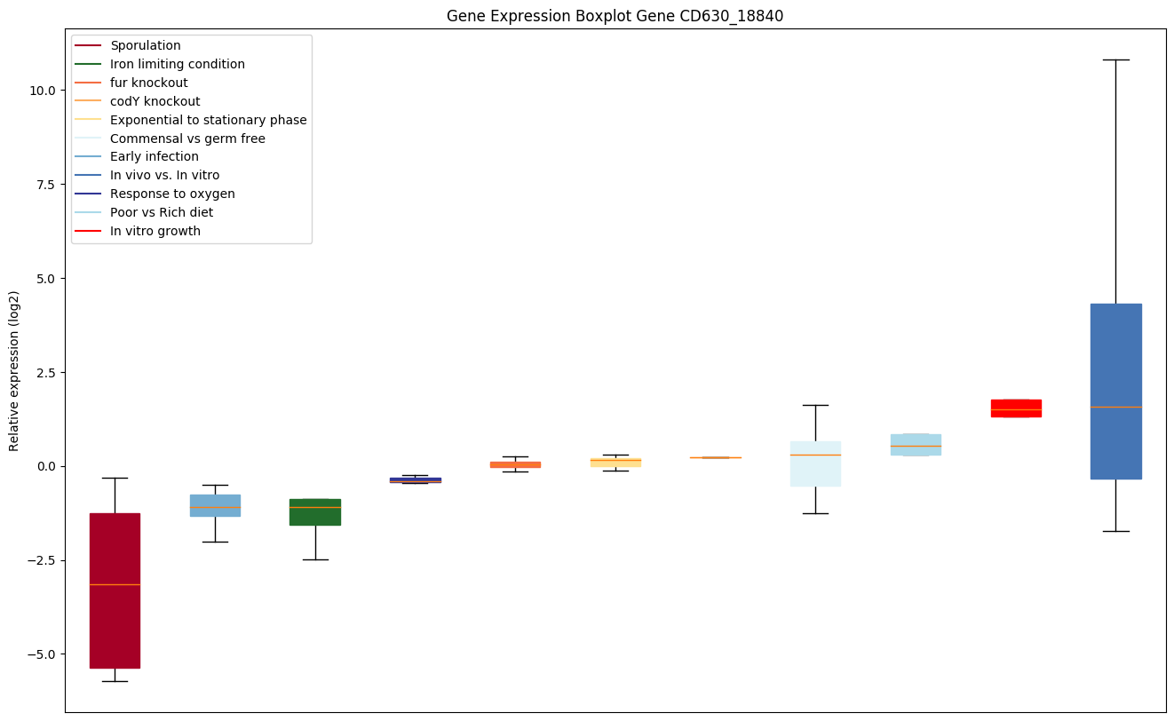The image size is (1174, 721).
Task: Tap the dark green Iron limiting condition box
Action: (x=315, y=512)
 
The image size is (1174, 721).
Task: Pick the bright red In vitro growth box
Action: (x=1016, y=408)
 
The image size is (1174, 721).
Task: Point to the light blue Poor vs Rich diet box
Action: (x=916, y=444)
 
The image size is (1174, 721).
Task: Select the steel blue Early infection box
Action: (x=215, y=505)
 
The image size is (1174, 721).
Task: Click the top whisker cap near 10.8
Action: (x=1115, y=59)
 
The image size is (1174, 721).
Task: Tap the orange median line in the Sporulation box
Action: (x=115, y=584)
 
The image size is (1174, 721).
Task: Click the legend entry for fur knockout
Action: (x=149, y=83)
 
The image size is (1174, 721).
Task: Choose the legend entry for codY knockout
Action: (x=155, y=101)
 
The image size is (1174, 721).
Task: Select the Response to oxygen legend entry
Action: (x=172, y=194)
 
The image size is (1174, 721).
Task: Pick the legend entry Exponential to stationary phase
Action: (x=208, y=120)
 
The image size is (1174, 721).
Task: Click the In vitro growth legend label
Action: (x=155, y=231)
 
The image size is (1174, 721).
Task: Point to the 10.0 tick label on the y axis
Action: (x=44, y=91)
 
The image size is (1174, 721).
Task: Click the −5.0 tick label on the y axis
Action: (x=43, y=654)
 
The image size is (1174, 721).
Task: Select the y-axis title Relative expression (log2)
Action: (x=14, y=371)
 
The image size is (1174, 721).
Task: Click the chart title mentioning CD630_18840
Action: (x=615, y=16)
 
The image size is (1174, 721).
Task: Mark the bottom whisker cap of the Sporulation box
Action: (x=115, y=681)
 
